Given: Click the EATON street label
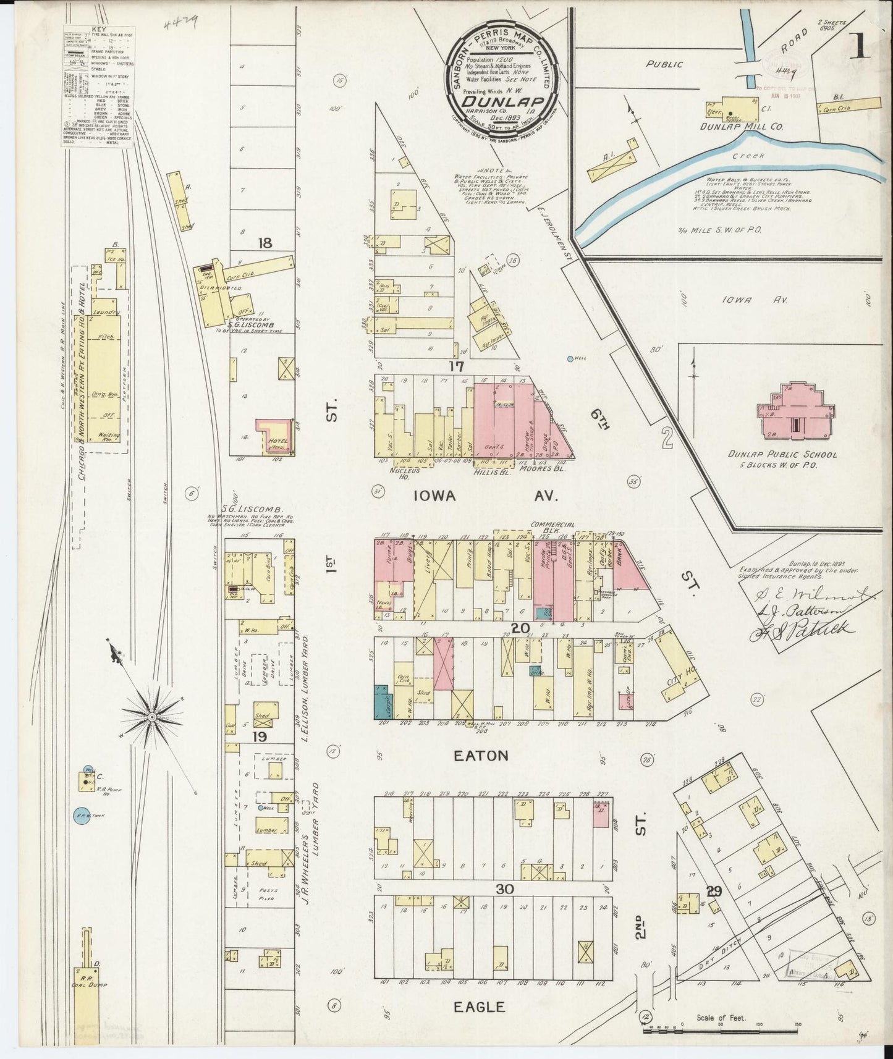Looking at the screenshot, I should (481, 755).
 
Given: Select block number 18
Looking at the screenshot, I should (265, 243).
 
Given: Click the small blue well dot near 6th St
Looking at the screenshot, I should (570, 358).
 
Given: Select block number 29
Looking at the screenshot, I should (714, 892).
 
